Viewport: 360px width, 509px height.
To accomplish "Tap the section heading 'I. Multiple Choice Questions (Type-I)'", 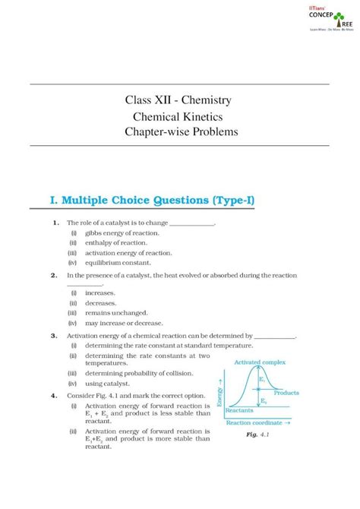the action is (151, 201).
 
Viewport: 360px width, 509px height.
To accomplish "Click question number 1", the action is (56, 223).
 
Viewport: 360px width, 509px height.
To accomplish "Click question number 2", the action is (55, 275).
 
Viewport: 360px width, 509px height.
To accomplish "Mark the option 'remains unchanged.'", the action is (116, 312).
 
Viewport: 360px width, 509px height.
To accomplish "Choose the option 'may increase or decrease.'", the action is (126, 322).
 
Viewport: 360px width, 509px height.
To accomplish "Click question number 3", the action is (55, 335).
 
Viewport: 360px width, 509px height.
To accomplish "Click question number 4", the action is (55, 396).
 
